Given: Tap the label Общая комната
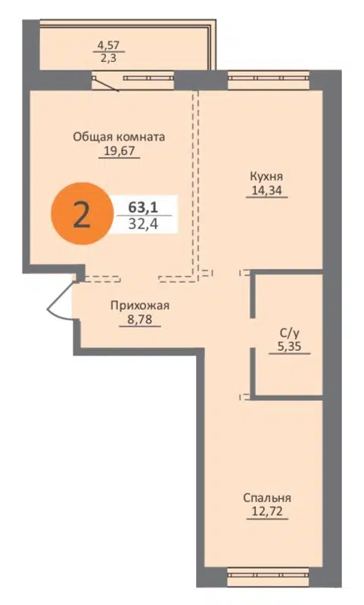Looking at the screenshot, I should pyautogui.click(x=119, y=137).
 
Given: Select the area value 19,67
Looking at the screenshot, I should pyautogui.click(x=119, y=150).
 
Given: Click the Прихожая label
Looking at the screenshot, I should pyautogui.click(x=139, y=306).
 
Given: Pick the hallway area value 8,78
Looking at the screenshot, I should pyautogui.click(x=139, y=320).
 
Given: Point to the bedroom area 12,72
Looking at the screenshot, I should pyautogui.click(x=267, y=512).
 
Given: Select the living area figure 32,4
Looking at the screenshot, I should pyautogui.click(x=138, y=224).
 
